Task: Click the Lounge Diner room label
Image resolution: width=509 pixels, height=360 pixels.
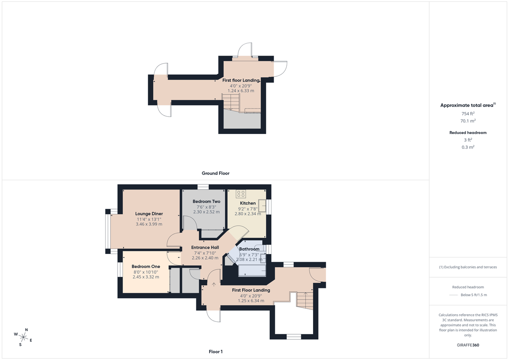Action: [149, 214]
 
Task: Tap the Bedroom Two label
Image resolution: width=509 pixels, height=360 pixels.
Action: [206, 201]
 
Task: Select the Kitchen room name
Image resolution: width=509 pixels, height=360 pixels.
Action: [248, 203]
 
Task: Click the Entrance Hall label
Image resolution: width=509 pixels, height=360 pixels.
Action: [205, 248]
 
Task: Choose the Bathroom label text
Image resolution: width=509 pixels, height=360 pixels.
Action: [249, 249]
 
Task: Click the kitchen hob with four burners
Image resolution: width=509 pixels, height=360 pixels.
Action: [241, 194]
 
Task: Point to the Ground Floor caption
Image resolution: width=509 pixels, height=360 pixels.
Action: [215, 173]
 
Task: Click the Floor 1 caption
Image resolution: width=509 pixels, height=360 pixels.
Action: [215, 352]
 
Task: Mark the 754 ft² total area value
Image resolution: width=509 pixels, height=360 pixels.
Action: [468, 114]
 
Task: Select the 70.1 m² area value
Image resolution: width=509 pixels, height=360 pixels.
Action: [468, 121]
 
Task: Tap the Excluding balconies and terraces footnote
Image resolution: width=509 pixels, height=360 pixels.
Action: [468, 267]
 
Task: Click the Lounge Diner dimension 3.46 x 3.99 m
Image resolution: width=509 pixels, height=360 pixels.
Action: [149, 224]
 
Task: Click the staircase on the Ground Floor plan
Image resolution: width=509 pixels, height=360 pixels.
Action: [231, 102]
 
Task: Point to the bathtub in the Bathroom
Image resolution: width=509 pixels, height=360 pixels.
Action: [252, 270]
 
